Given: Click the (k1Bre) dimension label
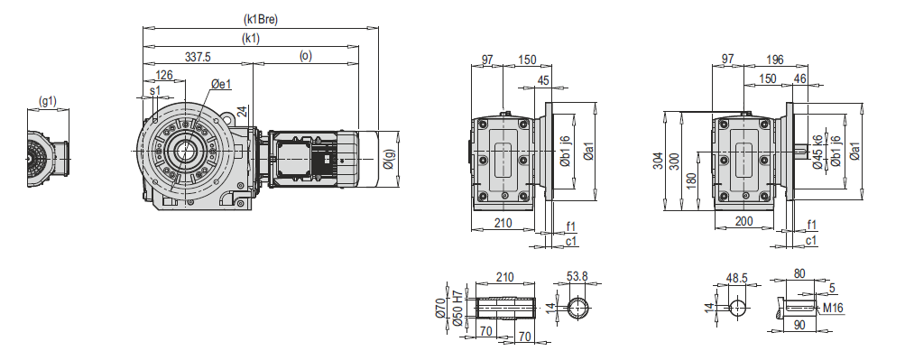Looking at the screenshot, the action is click(261, 20).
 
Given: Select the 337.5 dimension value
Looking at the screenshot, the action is click(198, 56).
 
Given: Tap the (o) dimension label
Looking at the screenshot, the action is click(305, 55).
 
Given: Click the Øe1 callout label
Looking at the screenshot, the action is click(221, 84).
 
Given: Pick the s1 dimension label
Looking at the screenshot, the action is click(154, 90).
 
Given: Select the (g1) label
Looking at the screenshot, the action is click(47, 102).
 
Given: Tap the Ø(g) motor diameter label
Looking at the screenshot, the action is click(390, 159).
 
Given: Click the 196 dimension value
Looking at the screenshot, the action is click(774, 60).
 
